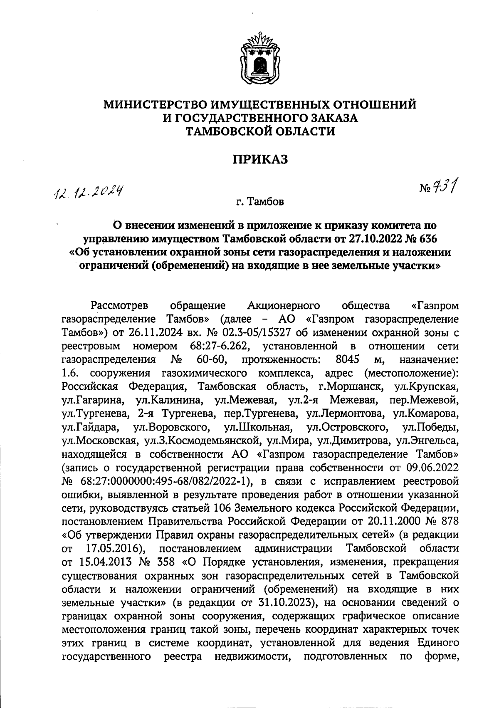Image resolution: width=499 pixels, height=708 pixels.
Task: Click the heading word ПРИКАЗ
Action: tap(259, 160)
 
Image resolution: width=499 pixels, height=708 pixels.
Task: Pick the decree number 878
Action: tap(449, 522)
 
